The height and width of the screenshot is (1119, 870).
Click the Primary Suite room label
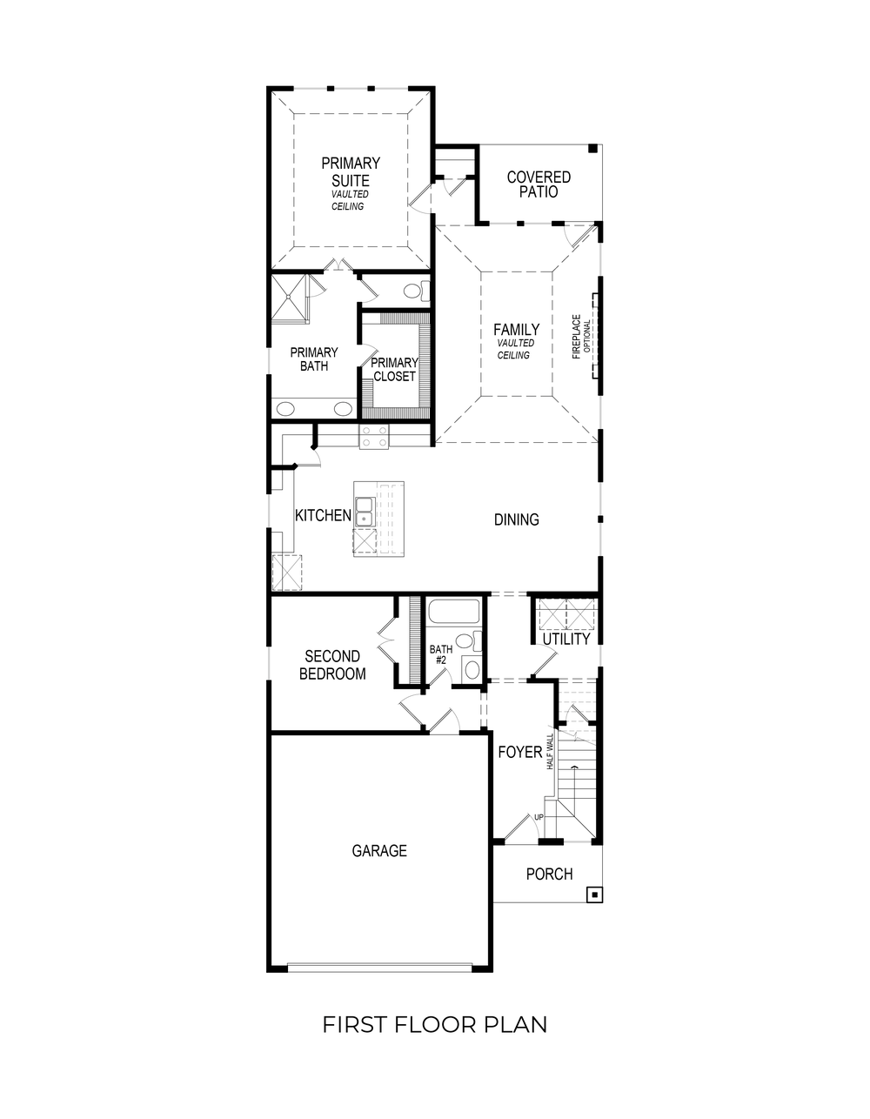[350, 172]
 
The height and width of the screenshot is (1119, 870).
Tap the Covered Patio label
[539, 184]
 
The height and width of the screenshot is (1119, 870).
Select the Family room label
[516, 330]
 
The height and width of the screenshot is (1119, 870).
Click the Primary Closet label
[394, 369]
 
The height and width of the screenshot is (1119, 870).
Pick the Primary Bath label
[313, 358]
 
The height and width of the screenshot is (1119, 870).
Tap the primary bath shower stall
[289, 298]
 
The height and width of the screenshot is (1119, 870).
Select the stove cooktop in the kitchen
[374, 437]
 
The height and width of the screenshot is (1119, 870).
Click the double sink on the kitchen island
[365, 513]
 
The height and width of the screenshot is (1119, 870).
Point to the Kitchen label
[323, 515]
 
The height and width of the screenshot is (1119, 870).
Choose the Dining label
[516, 519]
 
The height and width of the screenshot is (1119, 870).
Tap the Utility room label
[566, 639]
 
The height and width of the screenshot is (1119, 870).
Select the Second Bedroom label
[332, 665]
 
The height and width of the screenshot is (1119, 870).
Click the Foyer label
[519, 752]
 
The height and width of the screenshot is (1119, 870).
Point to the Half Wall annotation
[550, 751]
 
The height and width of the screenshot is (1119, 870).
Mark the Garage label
[379, 851]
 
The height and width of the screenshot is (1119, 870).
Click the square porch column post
[594, 894]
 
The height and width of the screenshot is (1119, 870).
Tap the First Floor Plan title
[435, 1024]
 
